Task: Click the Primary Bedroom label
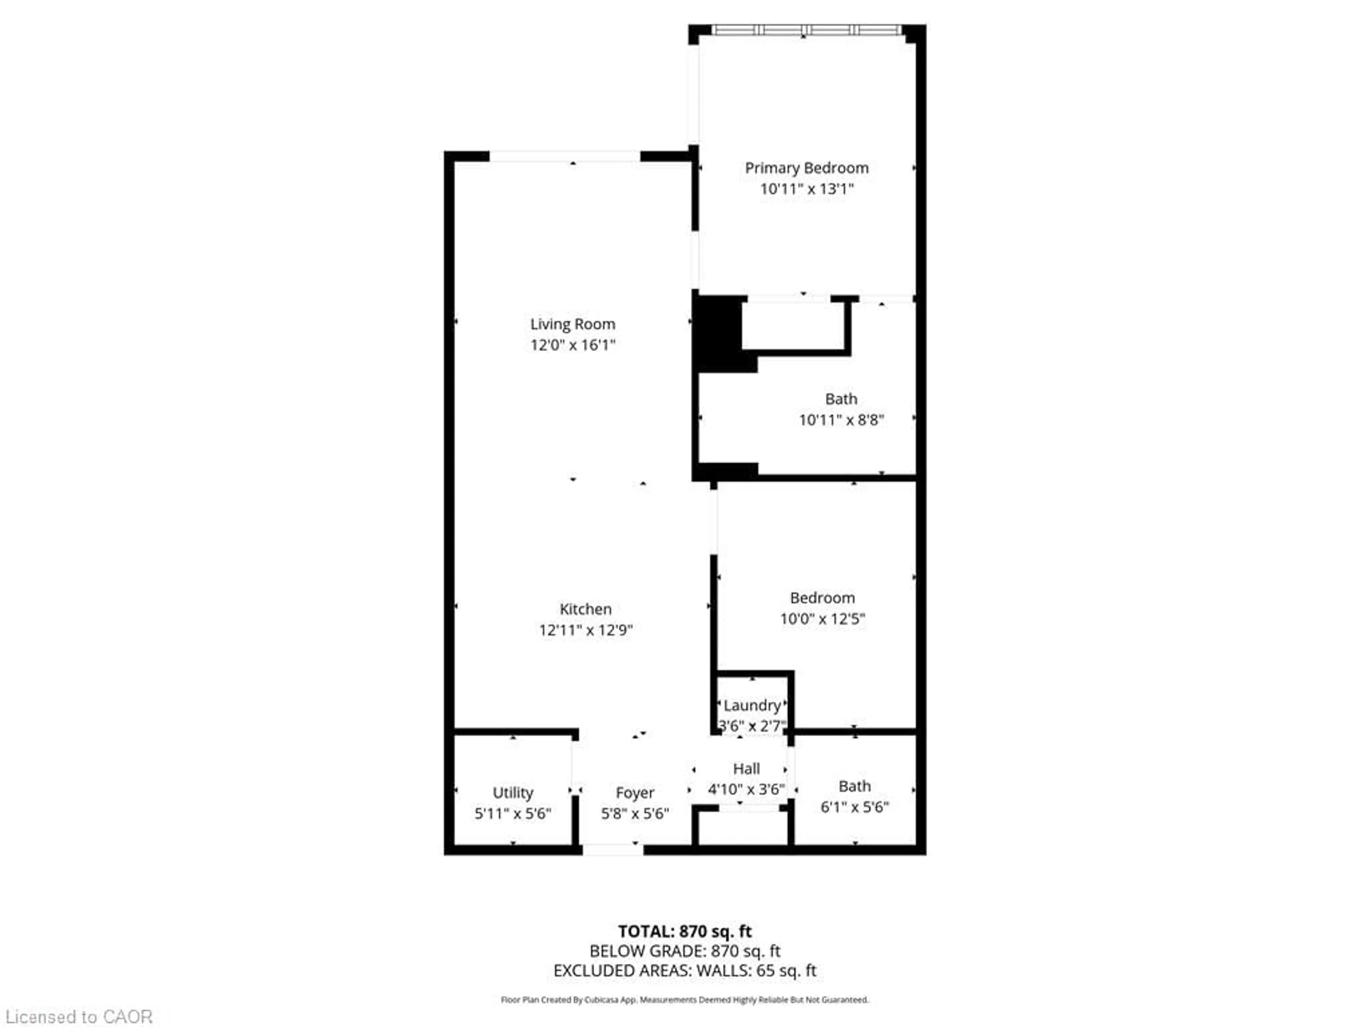(806, 168)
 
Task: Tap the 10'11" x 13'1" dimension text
(806, 189)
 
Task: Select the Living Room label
(573, 324)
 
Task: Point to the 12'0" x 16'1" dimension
(573, 345)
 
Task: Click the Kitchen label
(585, 609)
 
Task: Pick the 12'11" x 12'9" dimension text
(585, 630)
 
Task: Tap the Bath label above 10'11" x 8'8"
(841, 399)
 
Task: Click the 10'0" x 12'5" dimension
(822, 618)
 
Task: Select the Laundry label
(752, 705)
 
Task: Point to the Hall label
(747, 769)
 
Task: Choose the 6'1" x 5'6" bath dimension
(855, 807)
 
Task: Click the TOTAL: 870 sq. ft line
(684, 931)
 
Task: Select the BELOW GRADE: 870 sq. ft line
(684, 951)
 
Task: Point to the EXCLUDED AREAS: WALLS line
(684, 971)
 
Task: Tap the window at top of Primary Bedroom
(806, 30)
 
